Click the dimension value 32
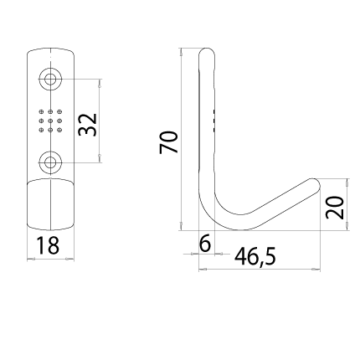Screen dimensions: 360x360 88,125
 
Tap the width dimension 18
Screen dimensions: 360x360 48,245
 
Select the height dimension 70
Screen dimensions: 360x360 168,142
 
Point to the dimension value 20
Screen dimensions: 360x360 335,208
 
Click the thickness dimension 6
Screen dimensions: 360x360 205,244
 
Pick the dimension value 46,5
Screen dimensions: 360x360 255,257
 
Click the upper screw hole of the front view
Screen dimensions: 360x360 50,80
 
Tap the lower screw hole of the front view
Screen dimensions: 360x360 50,162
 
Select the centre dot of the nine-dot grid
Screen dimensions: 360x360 50,121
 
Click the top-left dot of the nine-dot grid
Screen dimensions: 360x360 41,112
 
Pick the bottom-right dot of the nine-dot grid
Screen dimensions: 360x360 59,130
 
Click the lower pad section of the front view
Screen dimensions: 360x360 50,205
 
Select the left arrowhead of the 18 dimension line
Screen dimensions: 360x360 31,259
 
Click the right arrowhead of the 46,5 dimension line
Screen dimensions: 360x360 316,270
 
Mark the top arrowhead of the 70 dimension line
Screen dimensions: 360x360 181,52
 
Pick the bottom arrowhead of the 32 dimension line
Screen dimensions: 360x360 100,158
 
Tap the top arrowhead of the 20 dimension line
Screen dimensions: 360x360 347,183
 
